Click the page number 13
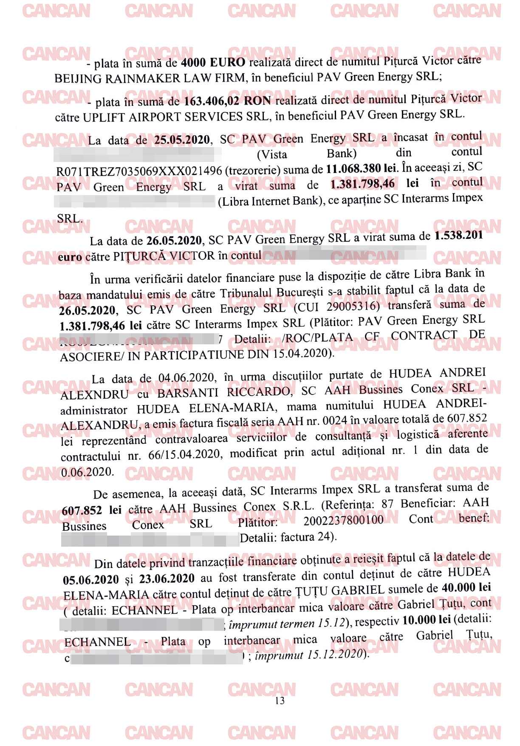[280, 701]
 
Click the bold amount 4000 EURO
[213, 62]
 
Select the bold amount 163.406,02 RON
[227, 101]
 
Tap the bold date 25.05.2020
[182, 140]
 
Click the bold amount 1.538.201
[458, 235]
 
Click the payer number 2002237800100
[343, 520]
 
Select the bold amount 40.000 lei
[466, 587]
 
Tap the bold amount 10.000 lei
[426, 620]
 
